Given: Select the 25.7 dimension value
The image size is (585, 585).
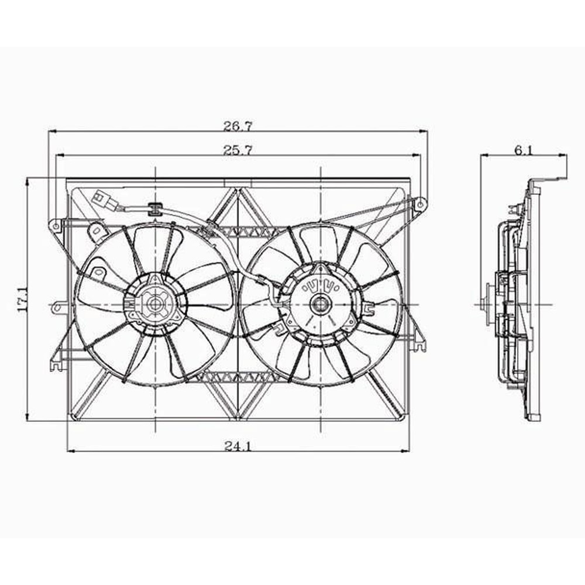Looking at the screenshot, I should [x=238, y=150].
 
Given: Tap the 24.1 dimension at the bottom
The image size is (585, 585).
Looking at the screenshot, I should [x=238, y=446].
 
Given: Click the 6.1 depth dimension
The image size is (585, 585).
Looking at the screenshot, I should [x=524, y=150].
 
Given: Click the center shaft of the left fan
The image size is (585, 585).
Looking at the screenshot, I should [x=155, y=304].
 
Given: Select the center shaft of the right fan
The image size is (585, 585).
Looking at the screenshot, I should [x=320, y=303].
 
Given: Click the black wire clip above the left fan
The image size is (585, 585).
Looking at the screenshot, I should [x=155, y=208].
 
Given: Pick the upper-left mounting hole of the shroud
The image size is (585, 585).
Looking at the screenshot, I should [x=55, y=225].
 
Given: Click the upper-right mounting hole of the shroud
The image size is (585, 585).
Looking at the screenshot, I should [x=419, y=204].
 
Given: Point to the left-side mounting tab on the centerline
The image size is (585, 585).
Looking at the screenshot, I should [x=58, y=305].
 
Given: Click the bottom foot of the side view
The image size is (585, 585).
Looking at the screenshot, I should [x=534, y=417].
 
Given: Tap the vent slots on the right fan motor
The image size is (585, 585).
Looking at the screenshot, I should [x=319, y=287].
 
